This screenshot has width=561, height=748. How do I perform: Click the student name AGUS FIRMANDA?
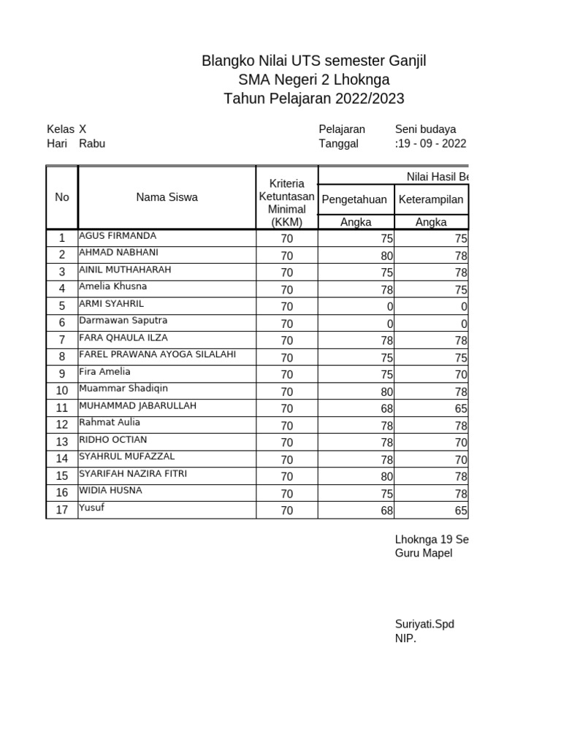point(117,236)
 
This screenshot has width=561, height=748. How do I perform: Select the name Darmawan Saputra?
point(123,321)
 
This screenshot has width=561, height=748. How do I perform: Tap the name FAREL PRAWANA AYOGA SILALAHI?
point(157,355)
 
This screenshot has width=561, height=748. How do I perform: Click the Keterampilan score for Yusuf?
point(460,510)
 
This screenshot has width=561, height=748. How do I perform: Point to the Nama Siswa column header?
point(167,197)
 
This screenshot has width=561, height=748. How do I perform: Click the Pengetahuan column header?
point(354,199)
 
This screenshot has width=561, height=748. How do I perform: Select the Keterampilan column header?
point(430,199)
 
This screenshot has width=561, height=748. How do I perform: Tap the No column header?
point(62,197)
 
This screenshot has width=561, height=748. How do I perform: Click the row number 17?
point(62,510)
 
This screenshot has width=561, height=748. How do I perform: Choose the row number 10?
point(62,391)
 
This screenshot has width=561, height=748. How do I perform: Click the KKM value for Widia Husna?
point(286,493)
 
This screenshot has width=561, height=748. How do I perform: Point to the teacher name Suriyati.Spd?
point(424,625)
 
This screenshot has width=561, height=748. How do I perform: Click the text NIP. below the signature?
point(405,639)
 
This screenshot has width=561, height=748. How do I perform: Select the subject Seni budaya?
point(426,129)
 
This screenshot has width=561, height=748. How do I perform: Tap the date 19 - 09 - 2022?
point(431,144)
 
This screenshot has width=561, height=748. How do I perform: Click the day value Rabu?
point(92,144)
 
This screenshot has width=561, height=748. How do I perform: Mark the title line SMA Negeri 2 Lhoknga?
point(314,80)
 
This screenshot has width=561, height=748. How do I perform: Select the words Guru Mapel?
point(424,554)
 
